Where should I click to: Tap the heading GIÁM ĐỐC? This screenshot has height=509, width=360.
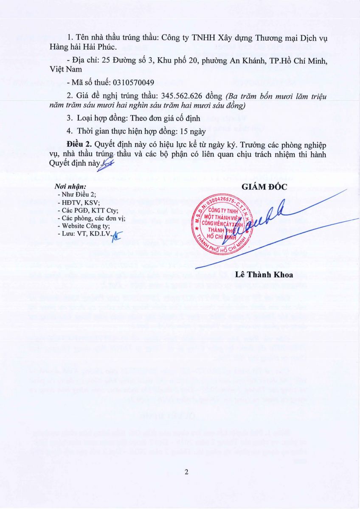[264, 187]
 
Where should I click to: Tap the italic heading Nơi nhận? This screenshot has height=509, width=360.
[70, 186]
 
